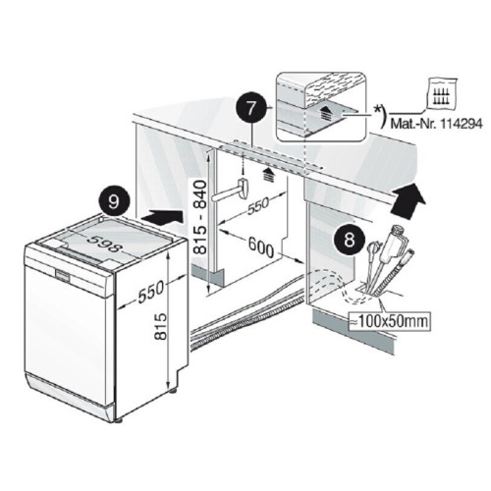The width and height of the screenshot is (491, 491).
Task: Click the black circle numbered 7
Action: tap(251, 108)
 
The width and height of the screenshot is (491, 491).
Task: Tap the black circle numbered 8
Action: tap(350, 240)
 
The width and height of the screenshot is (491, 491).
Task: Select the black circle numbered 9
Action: tap(114, 202)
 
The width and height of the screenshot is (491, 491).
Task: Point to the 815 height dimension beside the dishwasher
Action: tap(160, 326)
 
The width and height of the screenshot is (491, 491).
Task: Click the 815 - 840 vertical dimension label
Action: tap(200, 217)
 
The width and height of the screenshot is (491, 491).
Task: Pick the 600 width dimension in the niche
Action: tap(261, 247)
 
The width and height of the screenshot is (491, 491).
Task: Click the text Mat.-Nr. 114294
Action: tap(437, 125)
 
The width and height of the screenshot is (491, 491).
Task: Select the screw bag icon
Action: tap(442, 93)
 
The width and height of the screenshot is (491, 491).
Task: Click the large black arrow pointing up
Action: tap(409, 199)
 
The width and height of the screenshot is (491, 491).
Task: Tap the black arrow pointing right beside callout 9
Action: tap(162, 217)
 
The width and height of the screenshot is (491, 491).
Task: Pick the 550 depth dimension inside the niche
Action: tap(257, 205)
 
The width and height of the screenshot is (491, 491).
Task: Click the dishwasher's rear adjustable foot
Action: tap(173, 391)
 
